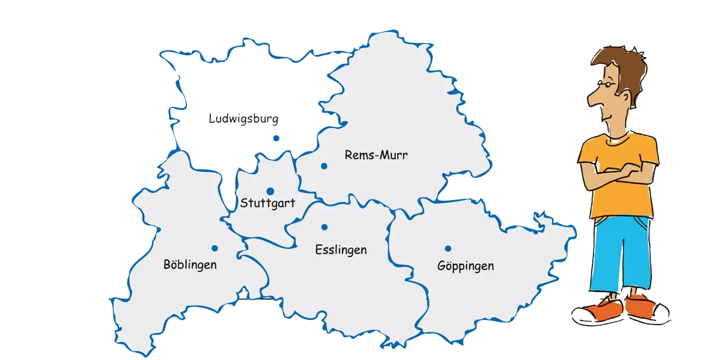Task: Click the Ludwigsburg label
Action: coord(243,119)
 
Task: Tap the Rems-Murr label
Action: coord(376,155)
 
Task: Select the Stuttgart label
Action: coord(267,203)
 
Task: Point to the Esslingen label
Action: coord(341,250)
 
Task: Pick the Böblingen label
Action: coord(190,264)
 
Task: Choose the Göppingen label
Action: coord(466,266)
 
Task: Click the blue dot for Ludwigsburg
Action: coord(276,139)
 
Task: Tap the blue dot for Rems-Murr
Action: coord(324,166)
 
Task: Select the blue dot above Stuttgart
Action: coord(270,191)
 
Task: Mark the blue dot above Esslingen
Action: coord(324,227)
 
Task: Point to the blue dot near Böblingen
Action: coord(214,248)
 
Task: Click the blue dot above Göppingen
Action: coord(448,249)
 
